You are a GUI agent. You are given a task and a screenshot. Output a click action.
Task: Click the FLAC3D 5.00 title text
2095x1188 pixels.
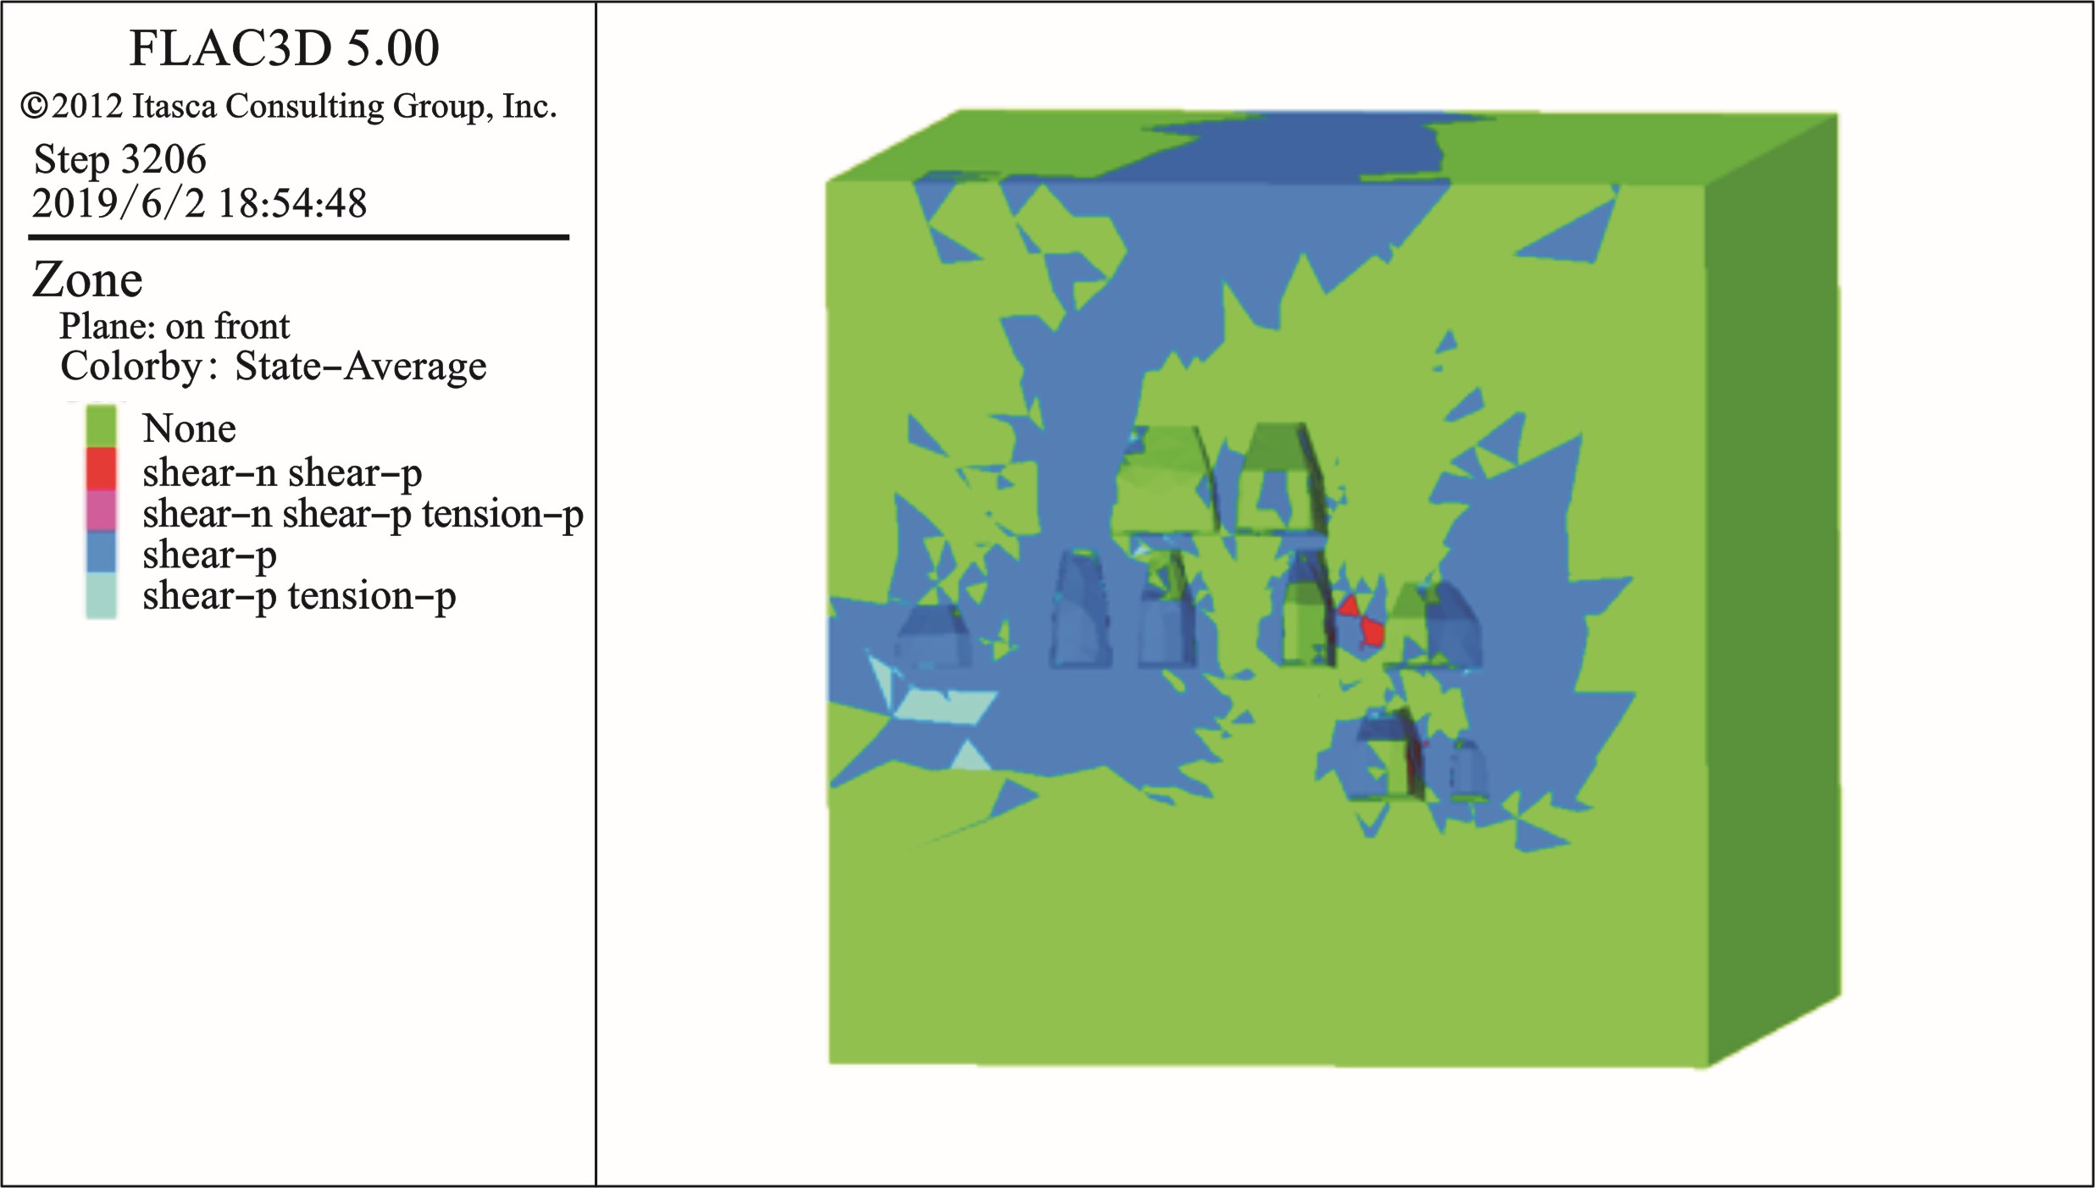(x=284, y=48)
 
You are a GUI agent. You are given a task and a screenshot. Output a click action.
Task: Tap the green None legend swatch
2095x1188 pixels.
(x=101, y=426)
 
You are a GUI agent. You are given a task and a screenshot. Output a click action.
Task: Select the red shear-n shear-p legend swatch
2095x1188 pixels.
(x=101, y=468)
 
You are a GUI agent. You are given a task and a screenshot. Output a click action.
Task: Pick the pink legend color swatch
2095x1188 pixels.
(x=101, y=510)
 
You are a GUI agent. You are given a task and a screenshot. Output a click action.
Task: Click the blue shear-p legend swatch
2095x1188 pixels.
(x=101, y=551)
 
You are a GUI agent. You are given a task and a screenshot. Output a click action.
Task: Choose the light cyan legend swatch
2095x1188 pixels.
(x=101, y=595)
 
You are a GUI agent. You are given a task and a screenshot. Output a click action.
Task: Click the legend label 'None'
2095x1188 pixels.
(x=189, y=428)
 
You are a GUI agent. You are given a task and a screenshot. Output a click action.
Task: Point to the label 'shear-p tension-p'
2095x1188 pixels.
(x=299, y=596)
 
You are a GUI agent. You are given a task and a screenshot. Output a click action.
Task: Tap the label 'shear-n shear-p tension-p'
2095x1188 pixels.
(x=363, y=514)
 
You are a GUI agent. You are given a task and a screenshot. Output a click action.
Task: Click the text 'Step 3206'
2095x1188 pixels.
(x=119, y=159)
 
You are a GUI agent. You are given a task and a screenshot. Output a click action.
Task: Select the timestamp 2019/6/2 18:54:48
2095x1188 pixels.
(x=199, y=203)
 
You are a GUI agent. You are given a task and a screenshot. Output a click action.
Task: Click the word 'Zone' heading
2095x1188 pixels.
(x=87, y=280)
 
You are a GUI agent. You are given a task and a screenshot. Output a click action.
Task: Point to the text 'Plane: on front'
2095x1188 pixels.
(x=175, y=326)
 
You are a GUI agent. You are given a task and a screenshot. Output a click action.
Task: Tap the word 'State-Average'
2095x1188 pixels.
(x=361, y=367)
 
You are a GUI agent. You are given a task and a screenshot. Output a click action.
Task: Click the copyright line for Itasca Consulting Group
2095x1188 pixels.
(x=289, y=107)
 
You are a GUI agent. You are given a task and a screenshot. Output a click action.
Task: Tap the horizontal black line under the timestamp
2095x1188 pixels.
(x=298, y=237)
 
